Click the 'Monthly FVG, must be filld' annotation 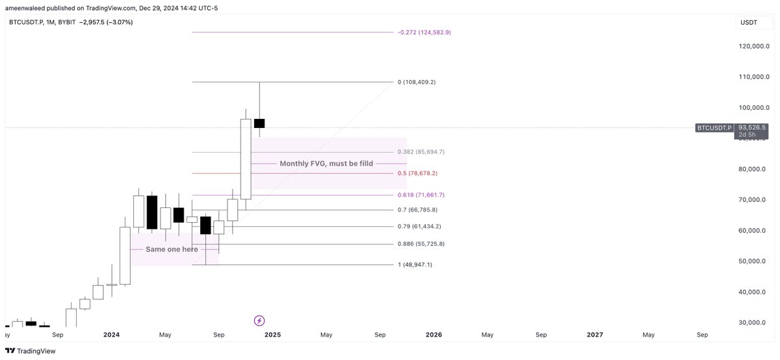click(326, 164)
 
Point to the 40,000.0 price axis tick click(755, 292)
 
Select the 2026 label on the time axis click(434, 335)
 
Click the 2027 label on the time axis click(594, 335)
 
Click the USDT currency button click(748, 23)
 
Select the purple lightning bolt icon click(259, 320)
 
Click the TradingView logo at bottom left click(31, 351)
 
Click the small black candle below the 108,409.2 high click(259, 123)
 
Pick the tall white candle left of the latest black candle click(246, 159)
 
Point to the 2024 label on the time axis click(111, 335)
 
